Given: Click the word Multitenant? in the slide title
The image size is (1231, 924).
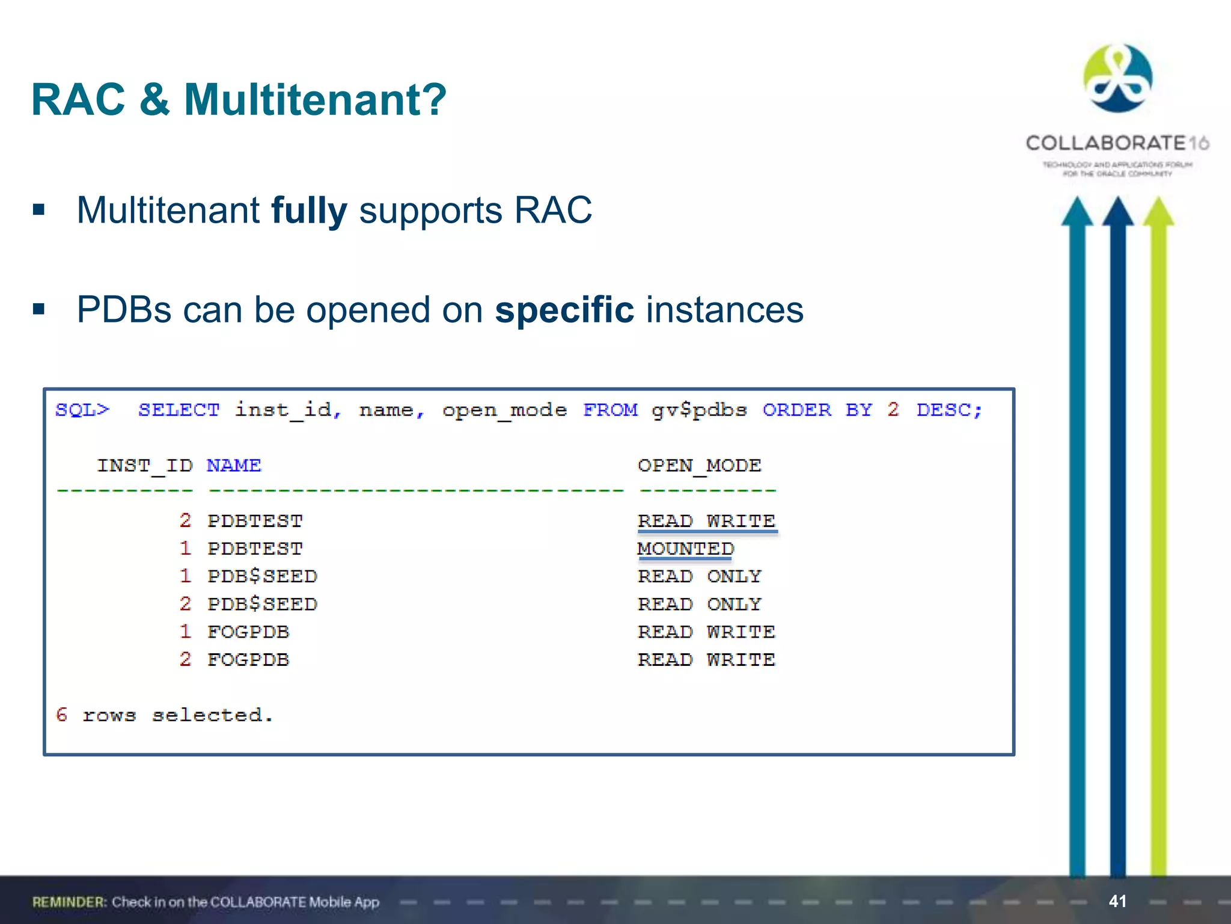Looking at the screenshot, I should pyautogui.click(x=315, y=100).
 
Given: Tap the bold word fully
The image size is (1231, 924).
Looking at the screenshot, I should pyautogui.click(x=309, y=211).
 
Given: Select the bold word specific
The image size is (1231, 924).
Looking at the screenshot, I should pyautogui.click(x=564, y=310).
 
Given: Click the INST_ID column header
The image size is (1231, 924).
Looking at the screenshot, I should pyautogui.click(x=145, y=466).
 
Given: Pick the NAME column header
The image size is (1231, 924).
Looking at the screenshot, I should pyautogui.click(x=234, y=466).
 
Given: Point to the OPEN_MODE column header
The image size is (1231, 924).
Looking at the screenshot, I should pyautogui.click(x=699, y=466).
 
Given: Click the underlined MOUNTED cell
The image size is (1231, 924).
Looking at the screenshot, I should pyautogui.click(x=685, y=549).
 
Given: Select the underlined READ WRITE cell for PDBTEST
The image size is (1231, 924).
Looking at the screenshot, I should pyautogui.click(x=706, y=521).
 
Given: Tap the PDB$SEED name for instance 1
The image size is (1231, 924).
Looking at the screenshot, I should pyautogui.click(x=262, y=576).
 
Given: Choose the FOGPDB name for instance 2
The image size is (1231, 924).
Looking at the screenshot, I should pyautogui.click(x=248, y=660).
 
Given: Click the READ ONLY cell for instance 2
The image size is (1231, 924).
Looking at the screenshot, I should pyautogui.click(x=699, y=604).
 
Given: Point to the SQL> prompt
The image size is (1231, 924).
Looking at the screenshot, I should pyautogui.click(x=82, y=410).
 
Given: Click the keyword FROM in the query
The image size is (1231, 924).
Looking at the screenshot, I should pyautogui.click(x=610, y=410).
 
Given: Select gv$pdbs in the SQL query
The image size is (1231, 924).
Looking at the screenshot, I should pyautogui.click(x=699, y=410).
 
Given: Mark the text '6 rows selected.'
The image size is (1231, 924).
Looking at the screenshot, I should pyautogui.click(x=164, y=715).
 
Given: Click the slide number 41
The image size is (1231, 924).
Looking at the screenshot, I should pyautogui.click(x=1117, y=901).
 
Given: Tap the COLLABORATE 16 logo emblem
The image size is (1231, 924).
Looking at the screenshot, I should pyautogui.click(x=1117, y=78).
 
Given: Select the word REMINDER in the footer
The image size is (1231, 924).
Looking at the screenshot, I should pyautogui.click(x=69, y=902).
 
